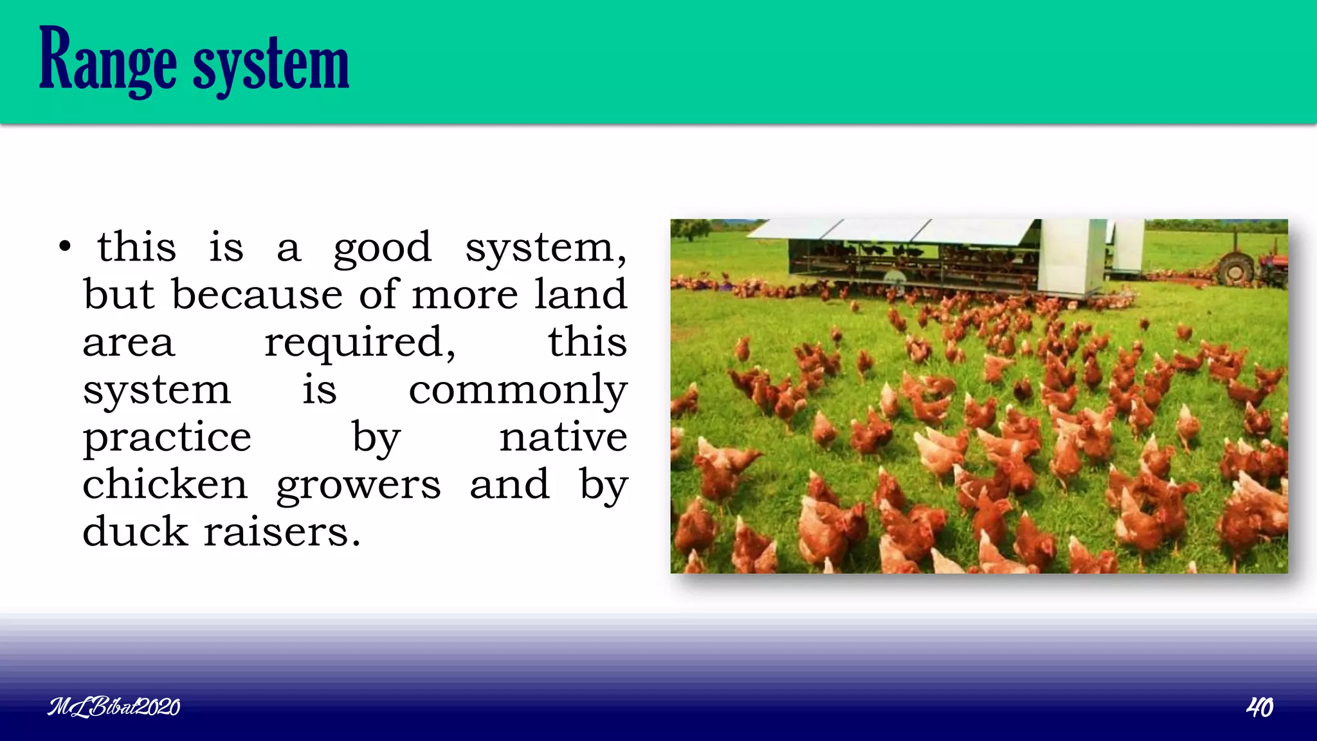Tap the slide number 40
pyautogui.click(x=1259, y=708)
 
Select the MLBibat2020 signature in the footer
pyautogui.click(x=114, y=708)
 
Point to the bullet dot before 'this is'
pyautogui.click(x=64, y=247)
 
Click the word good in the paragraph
pyautogui.click(x=382, y=248)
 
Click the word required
pyautogui.click(x=359, y=343)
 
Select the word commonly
pyautogui.click(x=518, y=390)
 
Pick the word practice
pyautogui.click(x=167, y=438)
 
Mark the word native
pyautogui.click(x=563, y=437)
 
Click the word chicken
pyautogui.click(x=165, y=485)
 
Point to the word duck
pyautogui.click(x=134, y=532)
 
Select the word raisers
pyautogui.click(x=282, y=533)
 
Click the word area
pyautogui.click(x=128, y=343)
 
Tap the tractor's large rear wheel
pyautogui.click(x=1235, y=269)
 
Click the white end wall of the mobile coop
pyautogui.click(x=1071, y=257)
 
